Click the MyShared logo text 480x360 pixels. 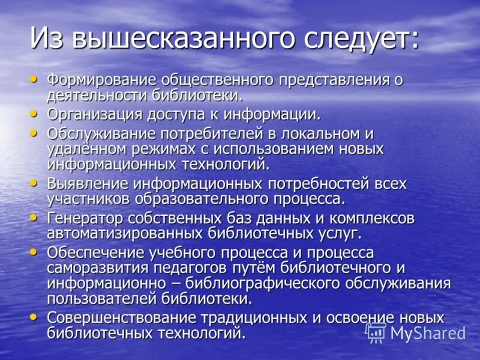pyautogui.click(x=427, y=332)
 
